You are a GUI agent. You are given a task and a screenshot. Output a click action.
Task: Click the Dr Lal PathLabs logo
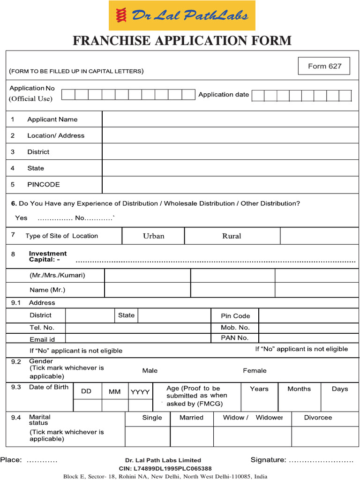tap(182, 15)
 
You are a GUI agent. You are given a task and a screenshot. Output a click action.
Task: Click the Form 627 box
tap(324, 66)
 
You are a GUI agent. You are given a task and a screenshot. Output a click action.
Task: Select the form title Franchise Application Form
tap(182, 41)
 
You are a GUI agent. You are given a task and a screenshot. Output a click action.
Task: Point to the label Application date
tap(224, 95)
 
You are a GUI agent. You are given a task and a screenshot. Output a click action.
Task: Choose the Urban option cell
tap(153, 236)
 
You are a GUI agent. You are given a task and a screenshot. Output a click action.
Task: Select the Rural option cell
tap(232, 236)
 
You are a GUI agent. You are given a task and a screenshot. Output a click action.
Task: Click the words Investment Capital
tap(48, 256)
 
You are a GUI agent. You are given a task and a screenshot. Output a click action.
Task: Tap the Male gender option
tap(150, 371)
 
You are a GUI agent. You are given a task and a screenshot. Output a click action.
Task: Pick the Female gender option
tap(255, 371)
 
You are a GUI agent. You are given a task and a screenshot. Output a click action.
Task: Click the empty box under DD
tap(88, 405)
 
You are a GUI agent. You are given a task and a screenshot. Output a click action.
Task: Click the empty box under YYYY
tap(140, 405)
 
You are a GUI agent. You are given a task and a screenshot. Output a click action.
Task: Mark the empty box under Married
tap(192, 436)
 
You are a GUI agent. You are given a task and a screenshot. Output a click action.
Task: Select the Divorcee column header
tap(318, 418)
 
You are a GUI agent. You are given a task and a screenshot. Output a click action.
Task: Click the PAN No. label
tap(235, 338)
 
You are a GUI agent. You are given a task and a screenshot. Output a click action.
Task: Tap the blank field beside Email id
tap(138, 338)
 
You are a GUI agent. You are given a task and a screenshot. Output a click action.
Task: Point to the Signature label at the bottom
tap(268, 460)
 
